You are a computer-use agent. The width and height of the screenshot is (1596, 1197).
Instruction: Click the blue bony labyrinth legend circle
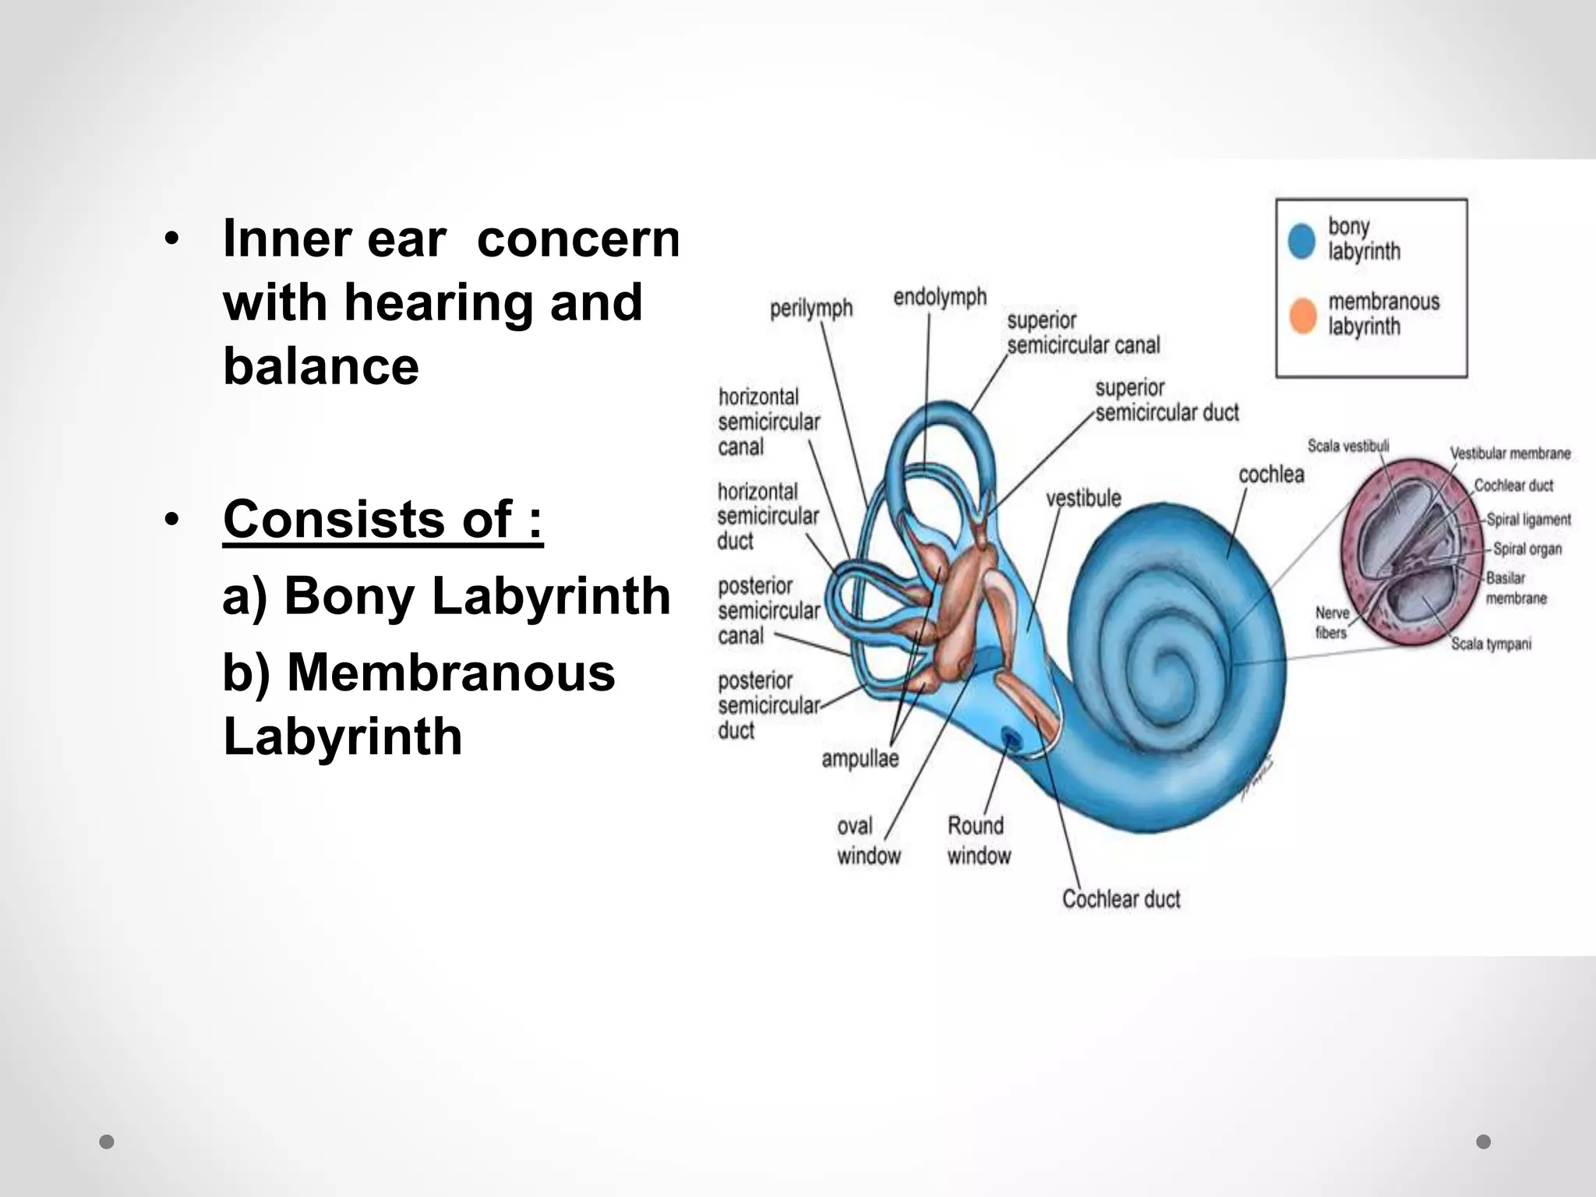click(1302, 240)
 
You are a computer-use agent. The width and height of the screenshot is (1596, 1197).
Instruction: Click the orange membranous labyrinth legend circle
click(1302, 315)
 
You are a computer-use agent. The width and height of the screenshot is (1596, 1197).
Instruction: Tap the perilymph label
click(810, 309)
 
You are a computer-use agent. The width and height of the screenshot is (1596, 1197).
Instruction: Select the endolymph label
click(940, 297)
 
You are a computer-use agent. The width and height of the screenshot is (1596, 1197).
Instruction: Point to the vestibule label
click(1083, 498)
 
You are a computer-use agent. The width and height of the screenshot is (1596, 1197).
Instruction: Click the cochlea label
click(1271, 474)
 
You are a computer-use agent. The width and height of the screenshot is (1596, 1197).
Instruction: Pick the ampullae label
click(860, 758)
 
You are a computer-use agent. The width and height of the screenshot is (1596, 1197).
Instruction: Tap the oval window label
click(868, 840)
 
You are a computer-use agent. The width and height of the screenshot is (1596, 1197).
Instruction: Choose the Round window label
click(979, 840)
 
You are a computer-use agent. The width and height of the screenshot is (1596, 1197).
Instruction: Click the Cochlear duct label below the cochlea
click(1121, 899)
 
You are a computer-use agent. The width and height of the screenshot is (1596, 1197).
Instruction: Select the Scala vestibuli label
click(1348, 446)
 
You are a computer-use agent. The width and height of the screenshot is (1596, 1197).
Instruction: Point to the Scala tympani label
click(1491, 644)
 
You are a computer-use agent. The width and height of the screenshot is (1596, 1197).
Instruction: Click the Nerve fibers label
click(1331, 623)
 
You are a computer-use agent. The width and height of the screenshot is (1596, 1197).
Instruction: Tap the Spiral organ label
click(1527, 549)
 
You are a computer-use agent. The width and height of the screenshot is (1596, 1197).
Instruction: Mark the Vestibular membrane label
click(1509, 453)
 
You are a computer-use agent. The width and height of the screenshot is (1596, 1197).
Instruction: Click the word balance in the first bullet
click(321, 366)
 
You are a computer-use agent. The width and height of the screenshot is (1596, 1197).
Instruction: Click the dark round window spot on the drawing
click(1012, 736)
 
